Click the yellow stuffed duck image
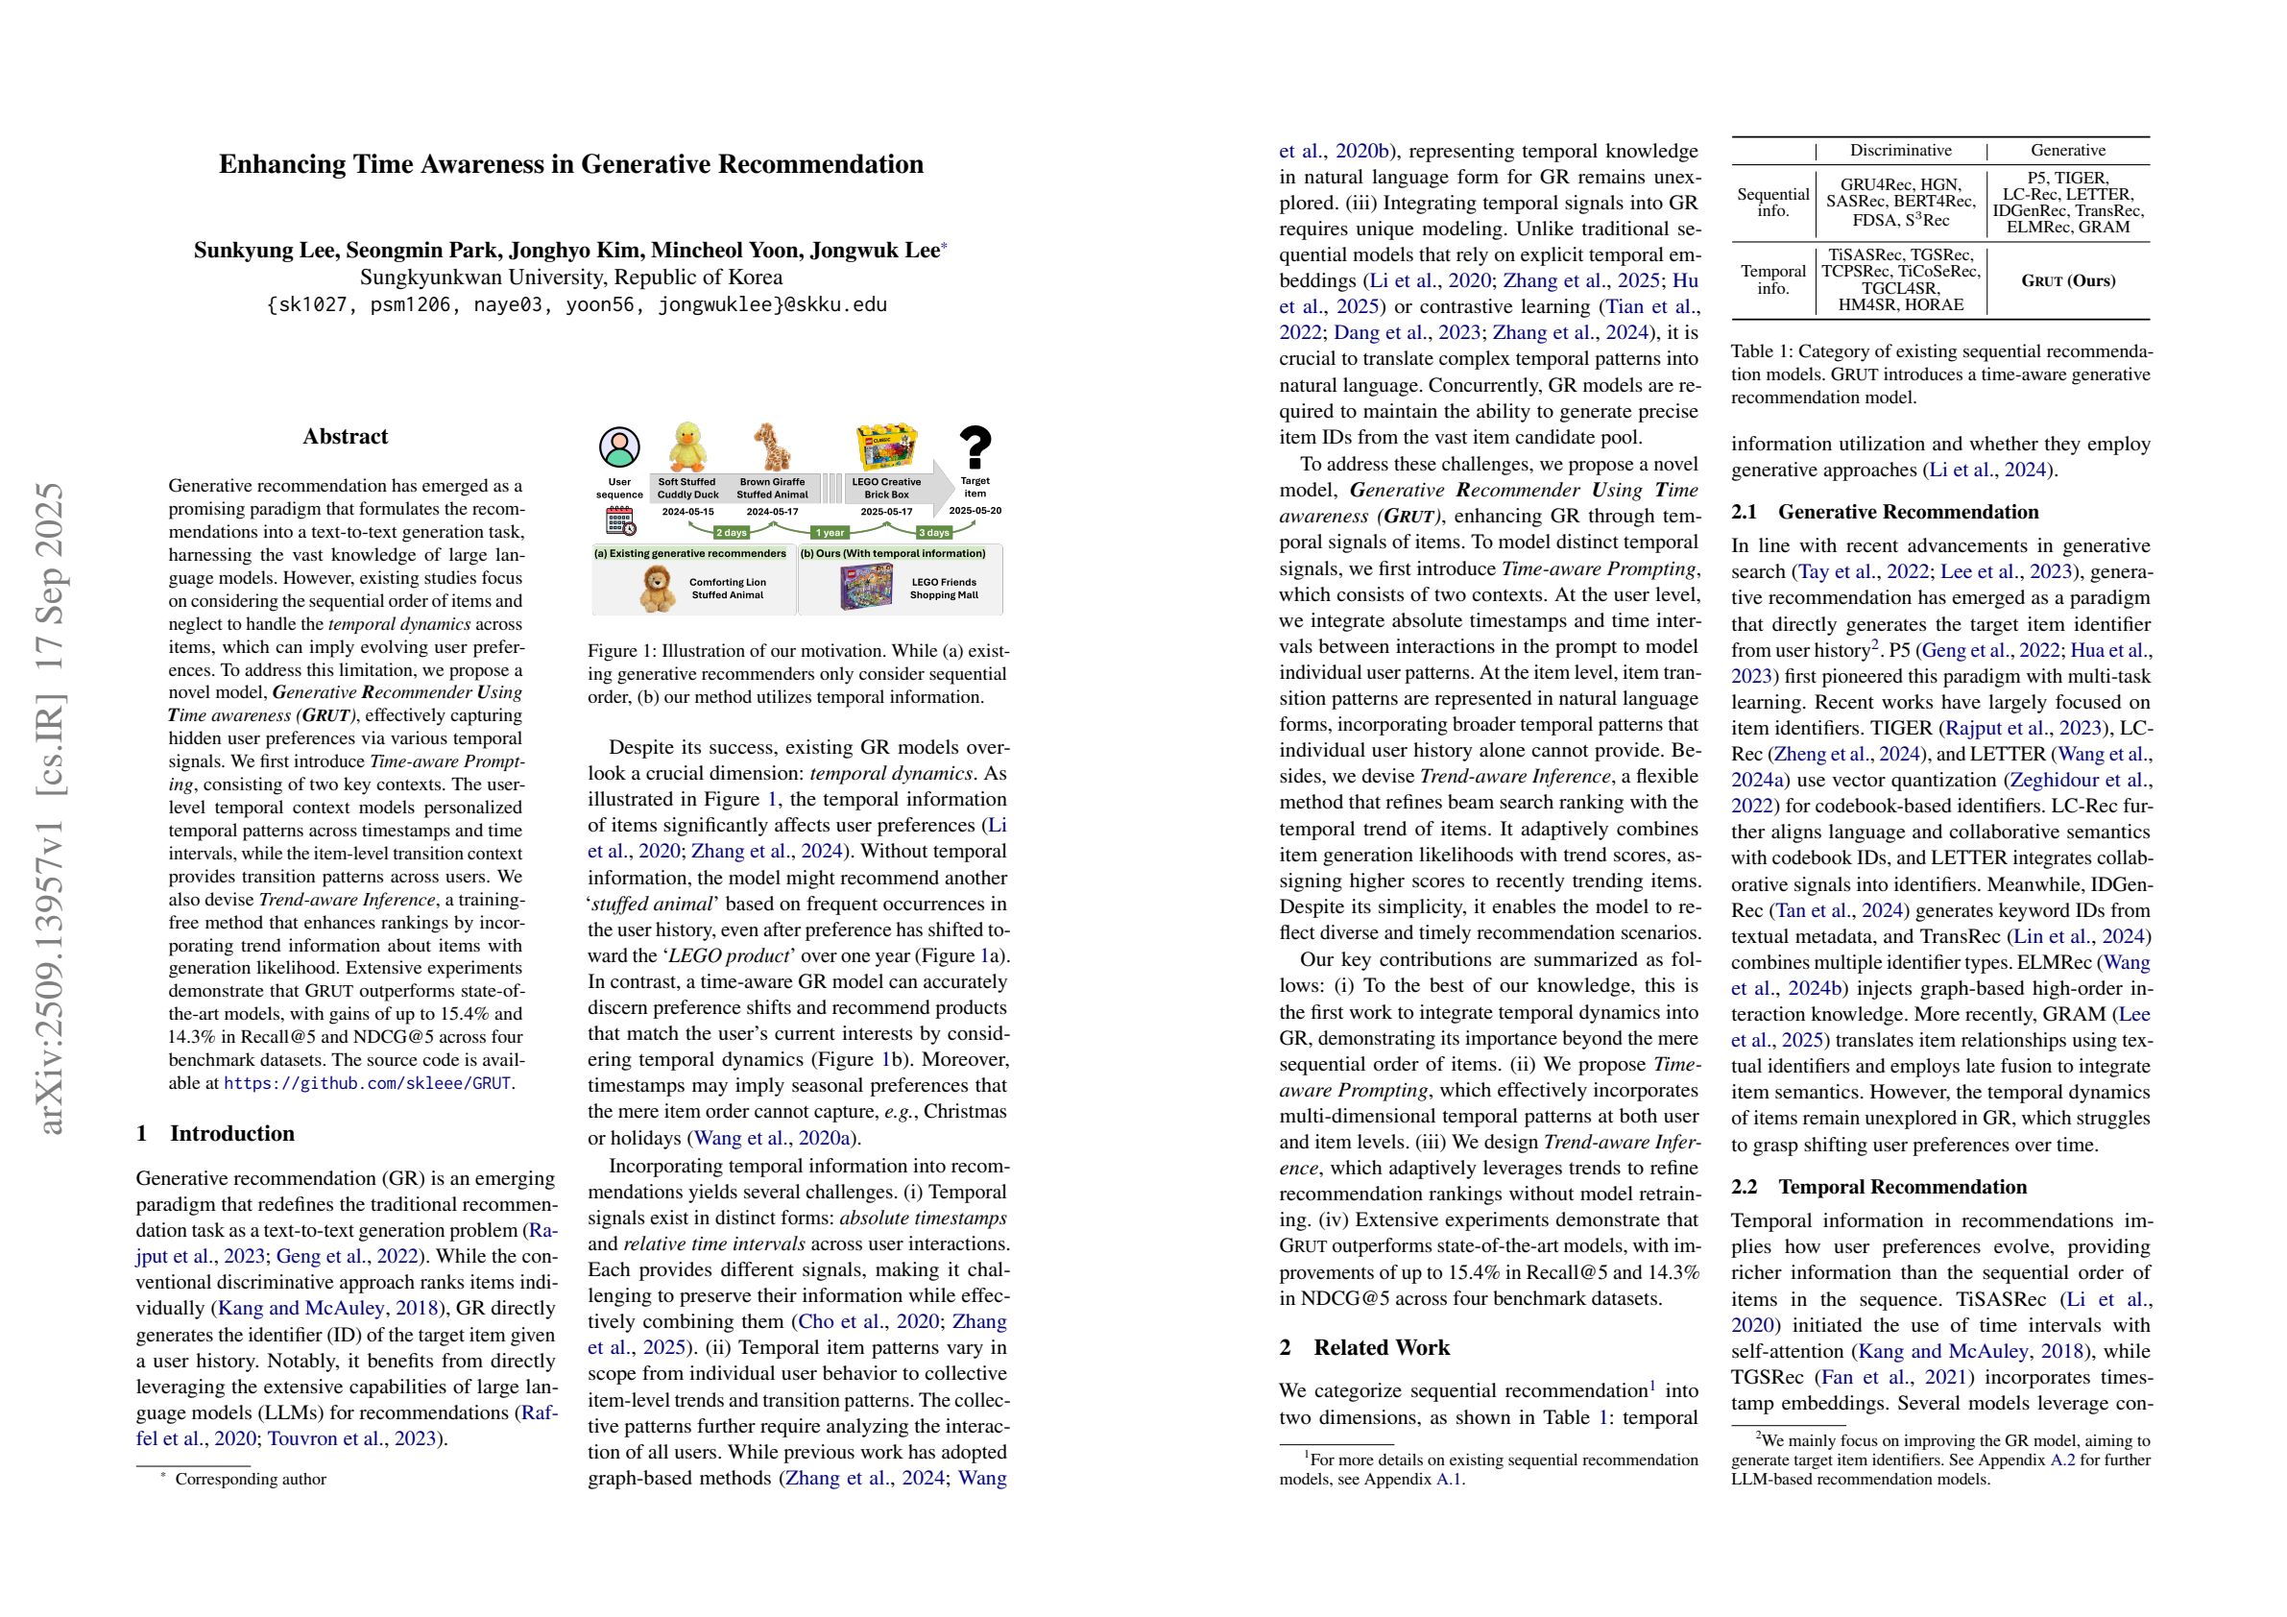687,447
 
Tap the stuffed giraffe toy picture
772,447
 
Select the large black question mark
975,447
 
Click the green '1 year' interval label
829,532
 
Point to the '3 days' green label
933,532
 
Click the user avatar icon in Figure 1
618,448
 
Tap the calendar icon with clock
618,521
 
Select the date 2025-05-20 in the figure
975,510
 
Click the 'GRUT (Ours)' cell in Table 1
2067,281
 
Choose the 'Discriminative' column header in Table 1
1899,151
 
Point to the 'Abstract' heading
345,436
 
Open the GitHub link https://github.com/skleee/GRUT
368,1083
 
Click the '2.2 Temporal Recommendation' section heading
1879,1187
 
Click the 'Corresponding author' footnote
250,1480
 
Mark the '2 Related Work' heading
1363,1347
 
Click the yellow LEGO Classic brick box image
885,447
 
